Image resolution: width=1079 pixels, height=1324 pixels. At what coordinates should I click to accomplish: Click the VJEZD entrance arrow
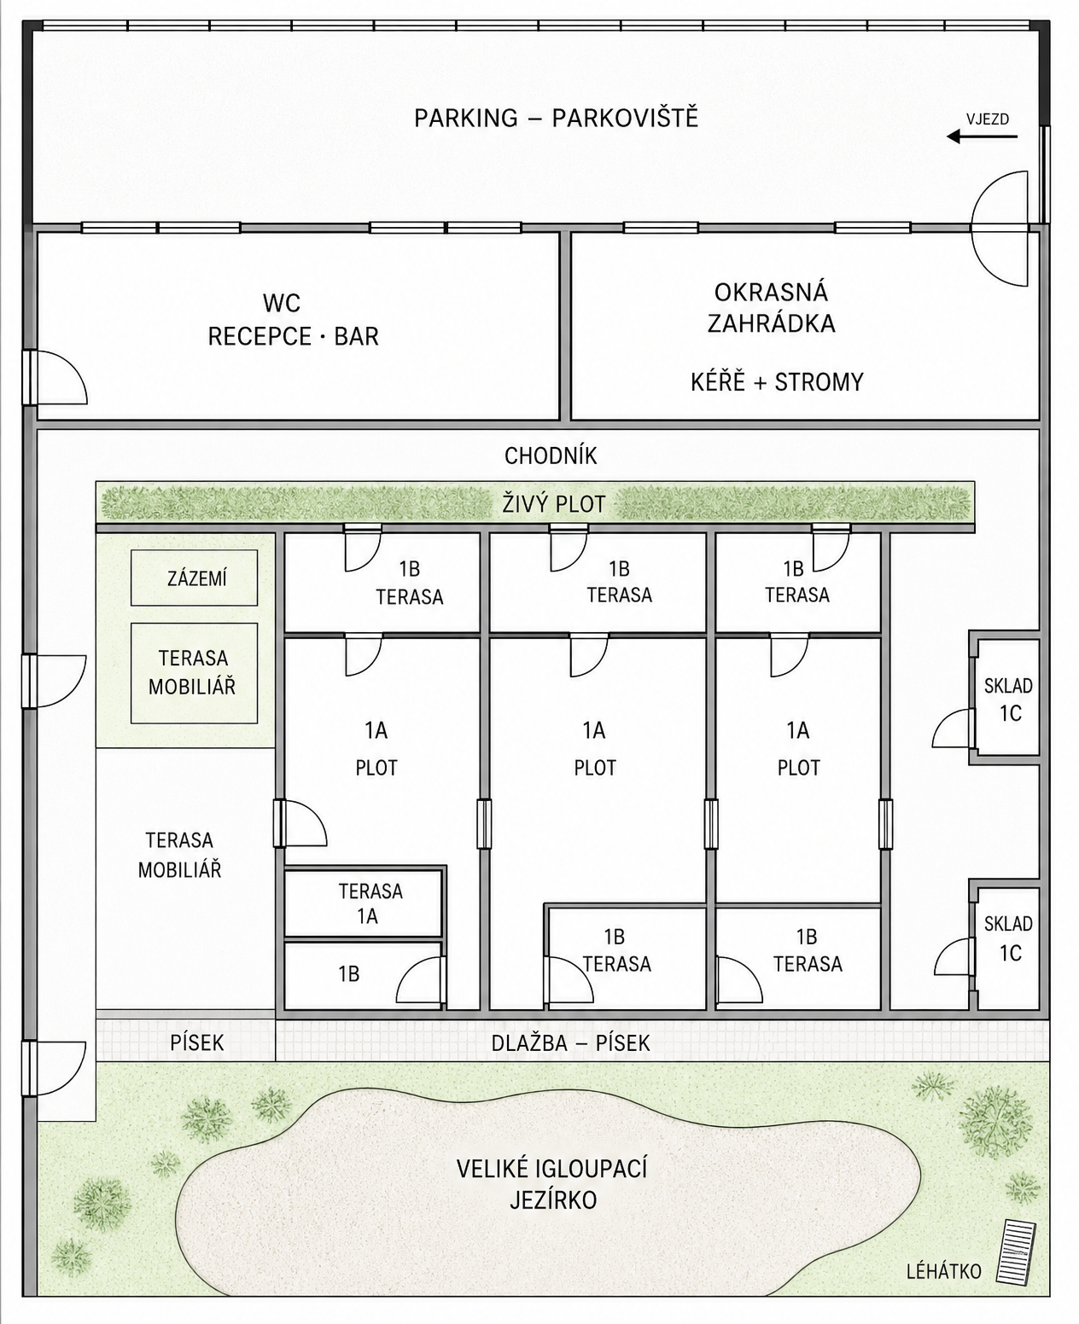tap(982, 136)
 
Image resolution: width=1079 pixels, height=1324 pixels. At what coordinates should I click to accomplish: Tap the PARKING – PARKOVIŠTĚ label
tap(556, 118)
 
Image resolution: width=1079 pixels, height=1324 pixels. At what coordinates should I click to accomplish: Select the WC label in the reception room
tap(282, 304)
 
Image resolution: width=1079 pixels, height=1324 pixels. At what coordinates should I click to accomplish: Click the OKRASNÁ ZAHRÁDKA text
tap(771, 308)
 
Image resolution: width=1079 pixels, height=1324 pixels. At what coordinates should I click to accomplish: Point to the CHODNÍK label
tap(551, 456)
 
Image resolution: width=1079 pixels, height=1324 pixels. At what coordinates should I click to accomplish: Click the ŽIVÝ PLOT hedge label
tap(553, 503)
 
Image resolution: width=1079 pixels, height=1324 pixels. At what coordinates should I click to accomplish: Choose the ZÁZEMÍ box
tap(194, 578)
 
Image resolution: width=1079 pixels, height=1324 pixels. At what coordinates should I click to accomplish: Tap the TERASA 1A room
tap(363, 903)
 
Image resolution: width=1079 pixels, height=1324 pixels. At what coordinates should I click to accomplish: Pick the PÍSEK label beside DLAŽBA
tap(196, 1042)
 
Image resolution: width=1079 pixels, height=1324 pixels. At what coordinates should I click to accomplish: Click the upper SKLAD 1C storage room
tap(1008, 698)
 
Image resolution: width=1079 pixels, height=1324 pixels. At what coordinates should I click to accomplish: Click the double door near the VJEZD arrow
tap(1000, 228)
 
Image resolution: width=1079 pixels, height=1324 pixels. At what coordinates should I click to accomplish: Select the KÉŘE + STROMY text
tap(777, 381)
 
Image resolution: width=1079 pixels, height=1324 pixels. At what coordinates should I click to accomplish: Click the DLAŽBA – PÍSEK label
tap(570, 1042)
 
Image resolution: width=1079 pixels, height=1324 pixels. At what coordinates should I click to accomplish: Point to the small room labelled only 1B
tap(363, 975)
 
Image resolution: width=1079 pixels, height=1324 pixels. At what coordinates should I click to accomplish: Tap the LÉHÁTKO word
tap(943, 1271)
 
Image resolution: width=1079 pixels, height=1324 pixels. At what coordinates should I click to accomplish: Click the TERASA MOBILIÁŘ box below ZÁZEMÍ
tap(194, 673)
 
